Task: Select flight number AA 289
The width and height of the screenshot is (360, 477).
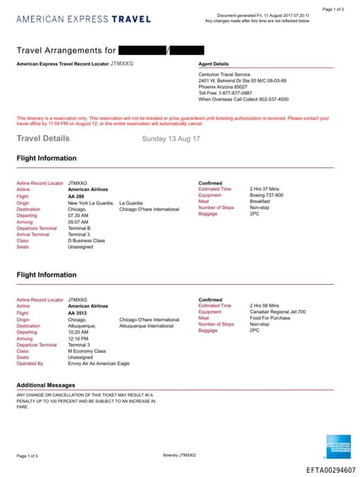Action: [76, 196]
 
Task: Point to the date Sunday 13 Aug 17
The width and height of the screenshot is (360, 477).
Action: [171, 139]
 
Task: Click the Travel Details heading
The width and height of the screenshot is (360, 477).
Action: [43, 139]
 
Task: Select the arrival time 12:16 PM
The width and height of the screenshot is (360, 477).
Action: [78, 338]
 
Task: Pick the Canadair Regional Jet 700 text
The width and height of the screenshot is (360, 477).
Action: [278, 312]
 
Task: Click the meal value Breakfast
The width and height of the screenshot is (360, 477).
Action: [260, 202]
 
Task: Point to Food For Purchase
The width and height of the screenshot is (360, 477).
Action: [269, 319]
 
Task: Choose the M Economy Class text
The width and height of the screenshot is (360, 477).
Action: [86, 351]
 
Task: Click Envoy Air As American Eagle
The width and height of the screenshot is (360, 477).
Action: [98, 364]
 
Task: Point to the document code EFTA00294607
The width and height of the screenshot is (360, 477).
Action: [330, 470]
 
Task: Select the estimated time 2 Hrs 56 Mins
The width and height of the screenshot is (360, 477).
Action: [264, 306]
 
